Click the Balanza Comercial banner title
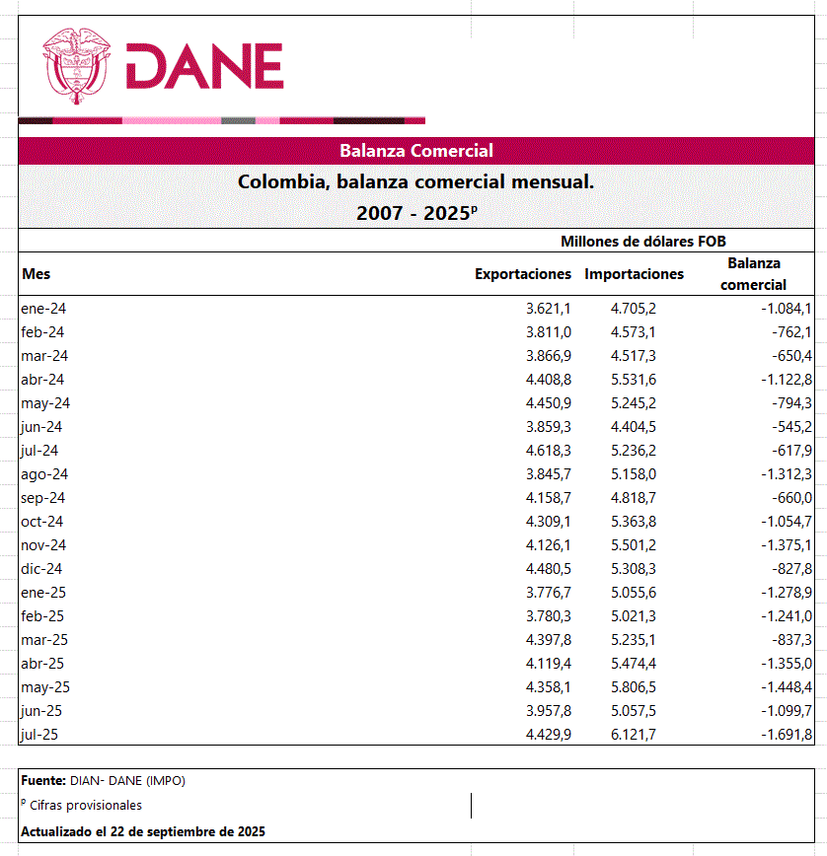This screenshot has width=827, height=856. pyautogui.click(x=415, y=151)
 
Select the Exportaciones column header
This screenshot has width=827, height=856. pyautogui.click(x=523, y=273)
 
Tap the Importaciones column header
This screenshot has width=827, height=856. pyautogui.click(x=634, y=273)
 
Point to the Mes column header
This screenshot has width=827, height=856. pyautogui.click(x=36, y=274)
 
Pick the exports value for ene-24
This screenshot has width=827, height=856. pyautogui.click(x=549, y=309)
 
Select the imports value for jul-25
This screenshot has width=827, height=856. pyautogui.click(x=634, y=735)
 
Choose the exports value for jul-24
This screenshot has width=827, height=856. pyautogui.click(x=549, y=451)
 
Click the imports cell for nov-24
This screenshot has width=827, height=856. pyautogui.click(x=634, y=545)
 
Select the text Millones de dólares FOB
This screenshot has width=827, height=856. pyautogui.click(x=643, y=242)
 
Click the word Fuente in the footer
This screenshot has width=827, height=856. pyautogui.click(x=42, y=781)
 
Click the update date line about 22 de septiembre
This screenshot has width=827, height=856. pyautogui.click(x=143, y=831)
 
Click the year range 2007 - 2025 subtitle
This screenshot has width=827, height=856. pyautogui.click(x=415, y=212)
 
